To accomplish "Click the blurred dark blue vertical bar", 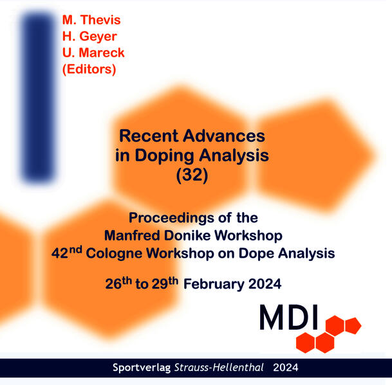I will (x=37, y=96).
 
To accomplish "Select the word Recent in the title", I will (x=147, y=136).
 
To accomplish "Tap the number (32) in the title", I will (x=192, y=175).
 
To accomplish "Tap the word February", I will (x=212, y=283).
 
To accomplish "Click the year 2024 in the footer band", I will (x=285, y=368).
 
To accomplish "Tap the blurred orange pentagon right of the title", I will (x=328, y=151).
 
